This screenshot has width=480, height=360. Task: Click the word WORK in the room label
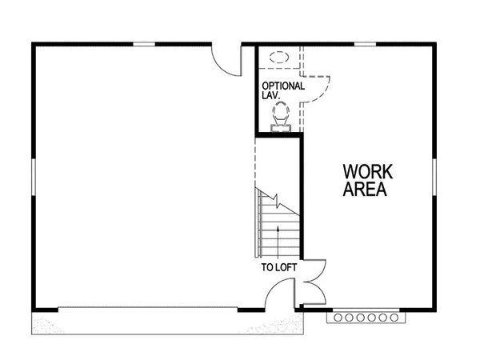(x=366, y=172)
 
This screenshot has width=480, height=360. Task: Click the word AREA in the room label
(x=366, y=190)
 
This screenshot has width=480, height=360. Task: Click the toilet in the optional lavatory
(x=280, y=120)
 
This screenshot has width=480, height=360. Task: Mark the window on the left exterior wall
(x=34, y=176)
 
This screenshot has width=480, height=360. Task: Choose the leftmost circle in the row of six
(x=342, y=318)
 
